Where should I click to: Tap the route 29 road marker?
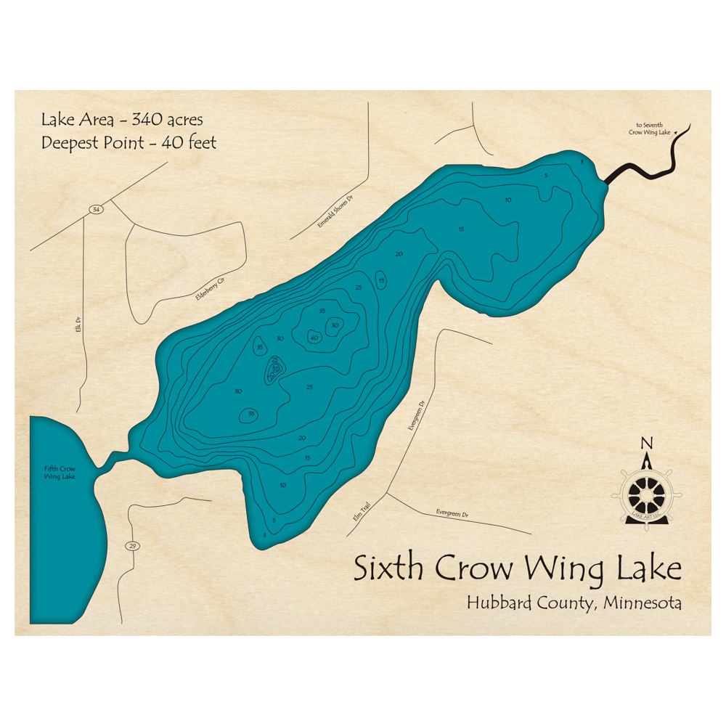pyautogui.click(x=132, y=546)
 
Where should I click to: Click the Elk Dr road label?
pyautogui.click(x=76, y=329)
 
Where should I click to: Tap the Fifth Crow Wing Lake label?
pyautogui.click(x=59, y=473)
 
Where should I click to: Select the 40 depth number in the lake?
pyautogui.click(x=314, y=338)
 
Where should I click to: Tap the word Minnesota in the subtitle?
pyautogui.click(x=639, y=603)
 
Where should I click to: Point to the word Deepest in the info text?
pyautogui.click(x=70, y=143)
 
